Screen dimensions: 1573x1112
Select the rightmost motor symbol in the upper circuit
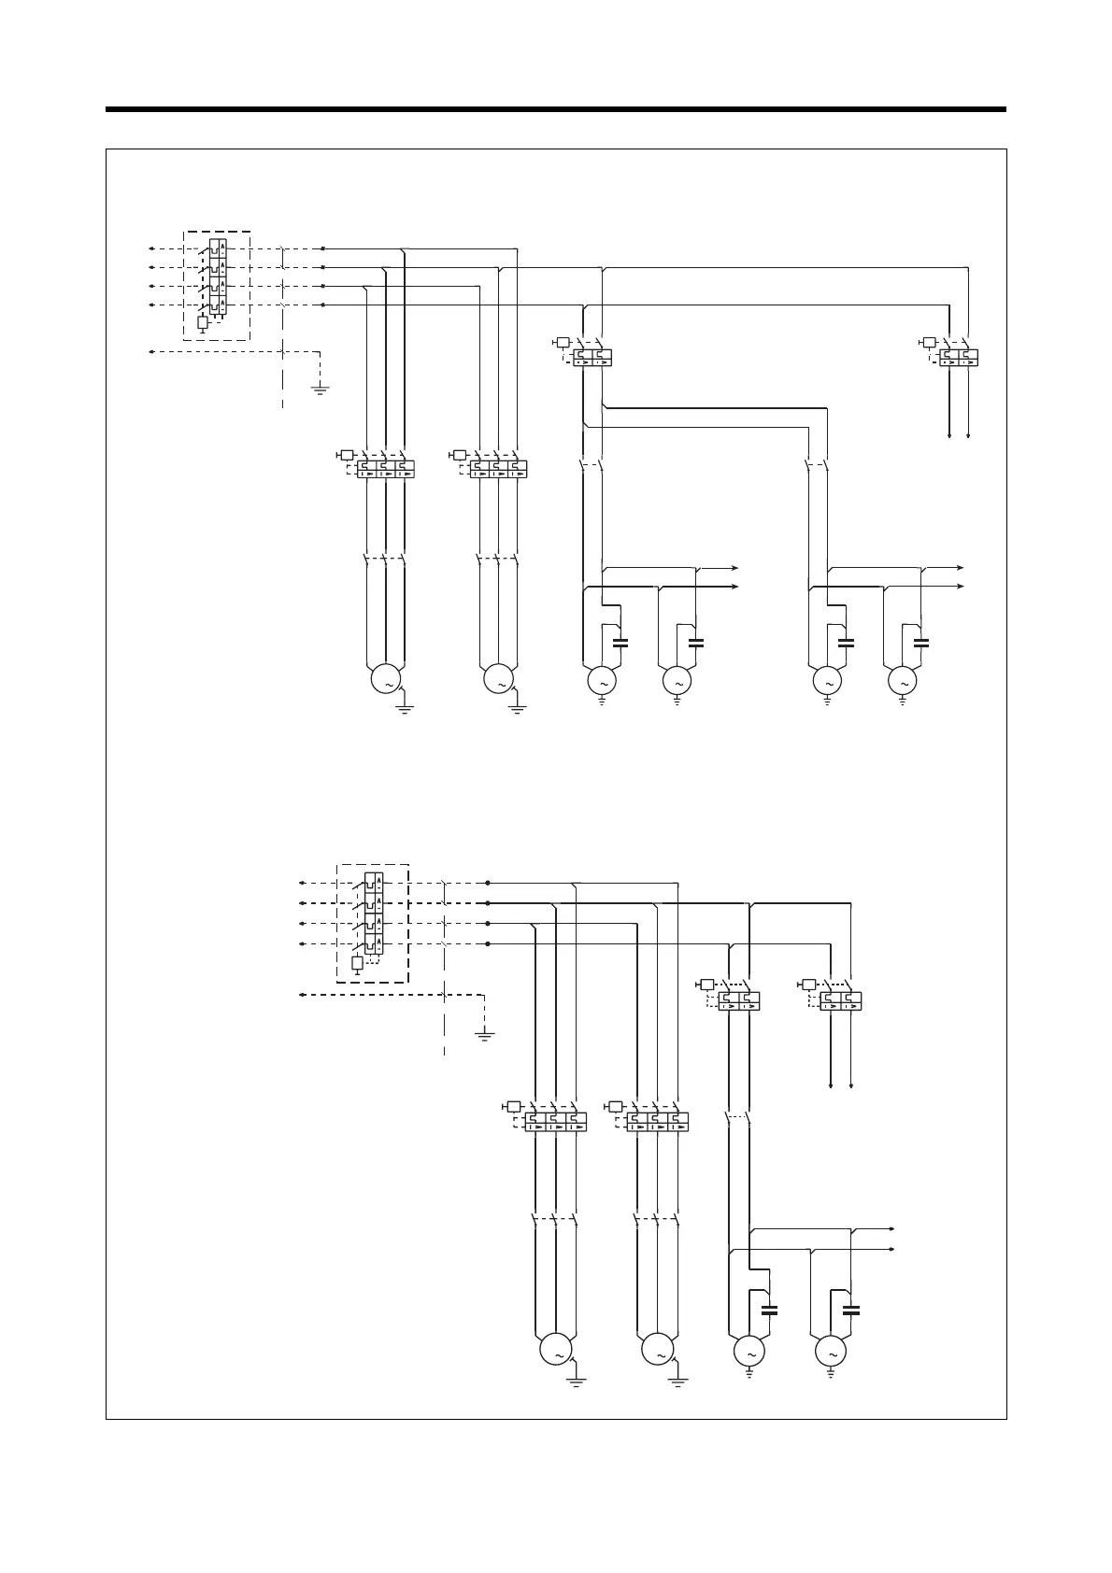(x=903, y=682)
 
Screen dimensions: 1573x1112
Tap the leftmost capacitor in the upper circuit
(x=620, y=642)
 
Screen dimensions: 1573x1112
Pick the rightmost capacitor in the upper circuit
(x=921, y=642)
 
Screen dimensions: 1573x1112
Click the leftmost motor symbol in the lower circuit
(x=555, y=1352)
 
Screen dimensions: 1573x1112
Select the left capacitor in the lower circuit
(x=769, y=1310)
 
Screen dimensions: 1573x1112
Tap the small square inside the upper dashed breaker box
(x=203, y=322)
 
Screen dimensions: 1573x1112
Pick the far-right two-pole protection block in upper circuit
(x=959, y=357)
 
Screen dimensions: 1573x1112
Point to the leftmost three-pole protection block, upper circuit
(x=384, y=468)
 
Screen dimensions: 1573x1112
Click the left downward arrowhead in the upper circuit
(x=949, y=434)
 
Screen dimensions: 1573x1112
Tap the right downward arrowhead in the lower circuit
(x=851, y=1085)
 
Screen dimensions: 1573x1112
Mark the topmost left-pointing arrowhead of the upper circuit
(x=150, y=249)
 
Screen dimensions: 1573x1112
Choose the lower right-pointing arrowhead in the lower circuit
(x=894, y=1249)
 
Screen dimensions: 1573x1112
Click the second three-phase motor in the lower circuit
(x=658, y=1352)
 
